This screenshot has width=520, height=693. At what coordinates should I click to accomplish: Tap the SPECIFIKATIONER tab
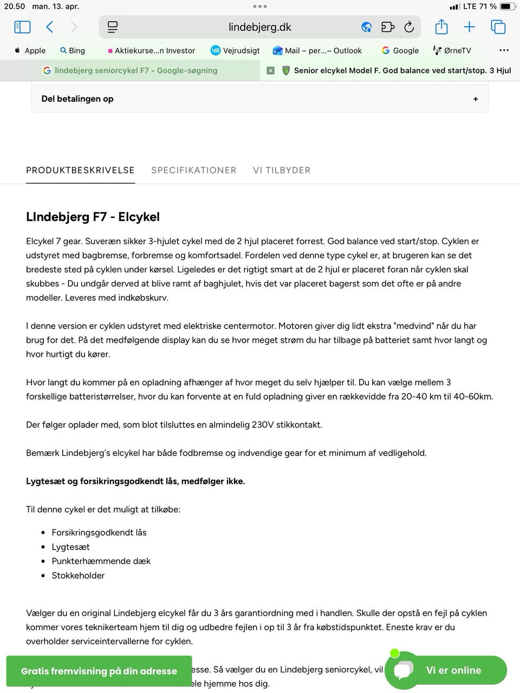193,170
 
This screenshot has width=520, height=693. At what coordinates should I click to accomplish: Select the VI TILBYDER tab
282,170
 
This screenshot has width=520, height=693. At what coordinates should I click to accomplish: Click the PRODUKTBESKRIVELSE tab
80,170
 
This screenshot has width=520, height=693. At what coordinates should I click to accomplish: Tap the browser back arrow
50,27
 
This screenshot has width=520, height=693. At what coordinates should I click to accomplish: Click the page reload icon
409,27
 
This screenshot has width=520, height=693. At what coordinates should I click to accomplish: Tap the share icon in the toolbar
441,27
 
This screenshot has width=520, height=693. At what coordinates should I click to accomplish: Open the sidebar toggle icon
22,27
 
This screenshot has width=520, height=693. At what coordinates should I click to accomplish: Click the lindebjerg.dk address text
260,27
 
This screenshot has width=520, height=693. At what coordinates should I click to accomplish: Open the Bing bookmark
73,50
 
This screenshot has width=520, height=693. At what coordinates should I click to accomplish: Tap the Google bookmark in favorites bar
400,50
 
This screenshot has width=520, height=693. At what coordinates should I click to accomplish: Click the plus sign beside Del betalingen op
476,99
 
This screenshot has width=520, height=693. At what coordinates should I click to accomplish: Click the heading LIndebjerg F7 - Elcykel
93,217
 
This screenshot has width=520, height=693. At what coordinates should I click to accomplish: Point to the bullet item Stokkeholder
78,576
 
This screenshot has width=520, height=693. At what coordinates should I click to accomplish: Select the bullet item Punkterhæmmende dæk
101,561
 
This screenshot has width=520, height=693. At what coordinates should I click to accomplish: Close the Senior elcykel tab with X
271,70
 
